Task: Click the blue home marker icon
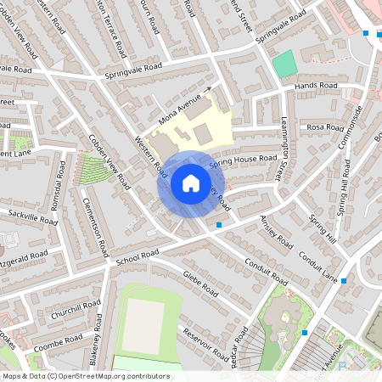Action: click(190, 183)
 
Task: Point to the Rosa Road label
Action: click(324, 126)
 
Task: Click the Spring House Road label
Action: click(243, 159)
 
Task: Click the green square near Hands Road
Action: click(284, 64)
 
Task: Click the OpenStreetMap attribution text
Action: click(85, 375)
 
